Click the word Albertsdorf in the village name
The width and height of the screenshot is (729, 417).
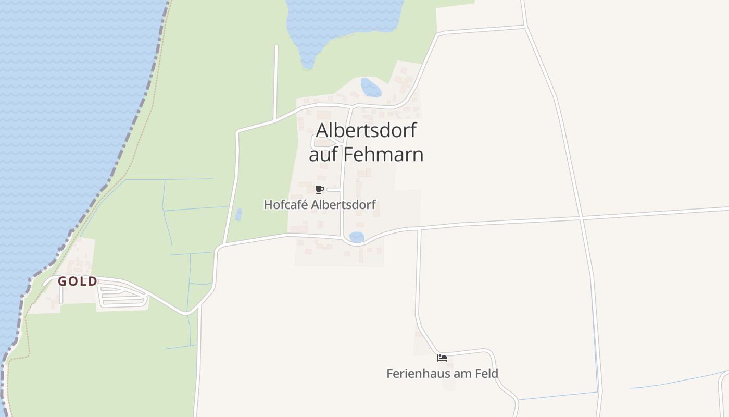[366, 130]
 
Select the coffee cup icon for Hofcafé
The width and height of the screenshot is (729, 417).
[320, 189]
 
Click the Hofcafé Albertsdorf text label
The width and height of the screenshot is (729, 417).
[320, 205]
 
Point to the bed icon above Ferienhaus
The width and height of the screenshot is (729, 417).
[442, 358]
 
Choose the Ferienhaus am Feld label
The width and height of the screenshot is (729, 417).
[442, 374]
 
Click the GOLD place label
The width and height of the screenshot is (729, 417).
[77, 281]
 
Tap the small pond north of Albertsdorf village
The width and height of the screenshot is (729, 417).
[371, 88]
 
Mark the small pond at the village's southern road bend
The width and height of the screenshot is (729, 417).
[357, 237]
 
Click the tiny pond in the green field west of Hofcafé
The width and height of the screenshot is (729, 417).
[238, 214]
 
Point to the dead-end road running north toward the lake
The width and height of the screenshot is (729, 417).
[276, 78]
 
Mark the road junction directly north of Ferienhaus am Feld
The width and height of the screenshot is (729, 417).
[419, 229]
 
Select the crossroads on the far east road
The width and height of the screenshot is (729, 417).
[581, 217]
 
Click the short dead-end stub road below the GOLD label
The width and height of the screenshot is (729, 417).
[61, 295]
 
